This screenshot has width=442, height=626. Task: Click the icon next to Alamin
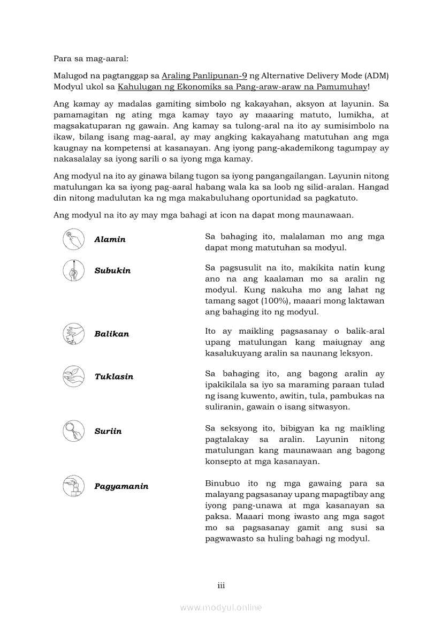click(x=73, y=239)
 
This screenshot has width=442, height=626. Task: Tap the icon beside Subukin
click(x=73, y=270)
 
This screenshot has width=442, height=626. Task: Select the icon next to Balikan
click(x=73, y=334)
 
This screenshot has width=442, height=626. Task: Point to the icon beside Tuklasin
click(x=73, y=376)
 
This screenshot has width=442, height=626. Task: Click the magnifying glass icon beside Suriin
click(x=73, y=431)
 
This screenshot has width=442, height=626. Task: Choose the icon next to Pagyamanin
click(x=73, y=486)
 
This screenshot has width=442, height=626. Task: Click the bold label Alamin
click(x=110, y=239)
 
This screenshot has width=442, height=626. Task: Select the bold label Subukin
click(x=112, y=270)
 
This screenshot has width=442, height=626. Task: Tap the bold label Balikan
click(x=111, y=334)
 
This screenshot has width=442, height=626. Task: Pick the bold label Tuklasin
click(x=113, y=376)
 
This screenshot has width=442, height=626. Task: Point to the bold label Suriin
click(x=108, y=431)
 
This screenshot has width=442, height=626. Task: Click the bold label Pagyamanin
click(x=121, y=486)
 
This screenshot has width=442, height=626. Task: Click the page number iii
click(x=221, y=585)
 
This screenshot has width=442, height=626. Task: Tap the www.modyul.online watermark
click(x=221, y=607)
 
